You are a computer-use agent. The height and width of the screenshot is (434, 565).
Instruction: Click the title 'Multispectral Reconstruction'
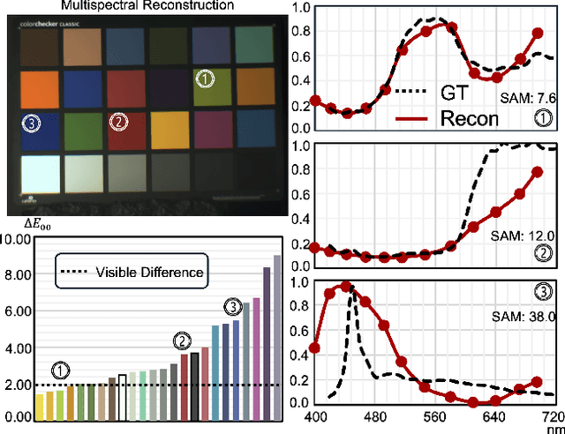(147, 6)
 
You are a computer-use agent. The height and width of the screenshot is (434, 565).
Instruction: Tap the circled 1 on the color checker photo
(204, 79)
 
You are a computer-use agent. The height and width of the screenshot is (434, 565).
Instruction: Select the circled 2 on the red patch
(118, 123)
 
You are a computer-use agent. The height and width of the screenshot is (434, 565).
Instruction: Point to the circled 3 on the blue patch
(32, 123)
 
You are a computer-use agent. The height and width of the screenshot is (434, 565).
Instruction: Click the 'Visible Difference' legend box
(132, 272)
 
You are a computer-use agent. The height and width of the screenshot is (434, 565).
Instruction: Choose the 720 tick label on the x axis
(552, 415)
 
